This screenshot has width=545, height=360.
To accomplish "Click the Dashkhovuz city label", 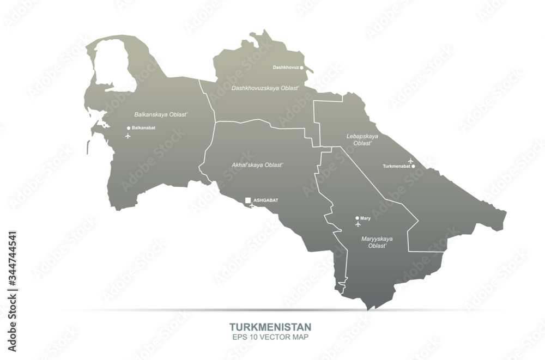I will tap(286, 68).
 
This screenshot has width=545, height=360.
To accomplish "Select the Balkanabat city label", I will tap(144, 128).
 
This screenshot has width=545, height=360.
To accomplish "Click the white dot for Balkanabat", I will tap(129, 128).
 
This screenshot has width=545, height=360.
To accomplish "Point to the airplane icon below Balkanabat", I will tap(128, 136).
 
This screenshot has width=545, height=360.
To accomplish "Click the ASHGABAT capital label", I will tap(266, 200).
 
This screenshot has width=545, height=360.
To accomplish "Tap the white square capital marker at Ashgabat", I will tap(248, 200).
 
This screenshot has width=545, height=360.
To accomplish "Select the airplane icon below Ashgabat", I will tap(251, 206).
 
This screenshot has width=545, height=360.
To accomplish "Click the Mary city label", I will tap(365, 218).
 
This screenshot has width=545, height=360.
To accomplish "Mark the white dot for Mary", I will tap(357, 218).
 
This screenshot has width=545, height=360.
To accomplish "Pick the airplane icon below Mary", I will tap(358, 224).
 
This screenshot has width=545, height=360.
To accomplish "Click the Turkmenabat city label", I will tap(396, 166).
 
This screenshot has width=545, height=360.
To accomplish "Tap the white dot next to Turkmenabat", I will tap(414, 166).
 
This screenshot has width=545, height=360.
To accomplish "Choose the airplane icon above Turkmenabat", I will tap(410, 161).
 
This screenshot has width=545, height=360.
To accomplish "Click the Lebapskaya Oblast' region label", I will tap(362, 139).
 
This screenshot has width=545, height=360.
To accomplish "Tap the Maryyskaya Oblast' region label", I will tap(377, 242).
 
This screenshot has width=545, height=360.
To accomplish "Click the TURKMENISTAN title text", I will tap(270, 327).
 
